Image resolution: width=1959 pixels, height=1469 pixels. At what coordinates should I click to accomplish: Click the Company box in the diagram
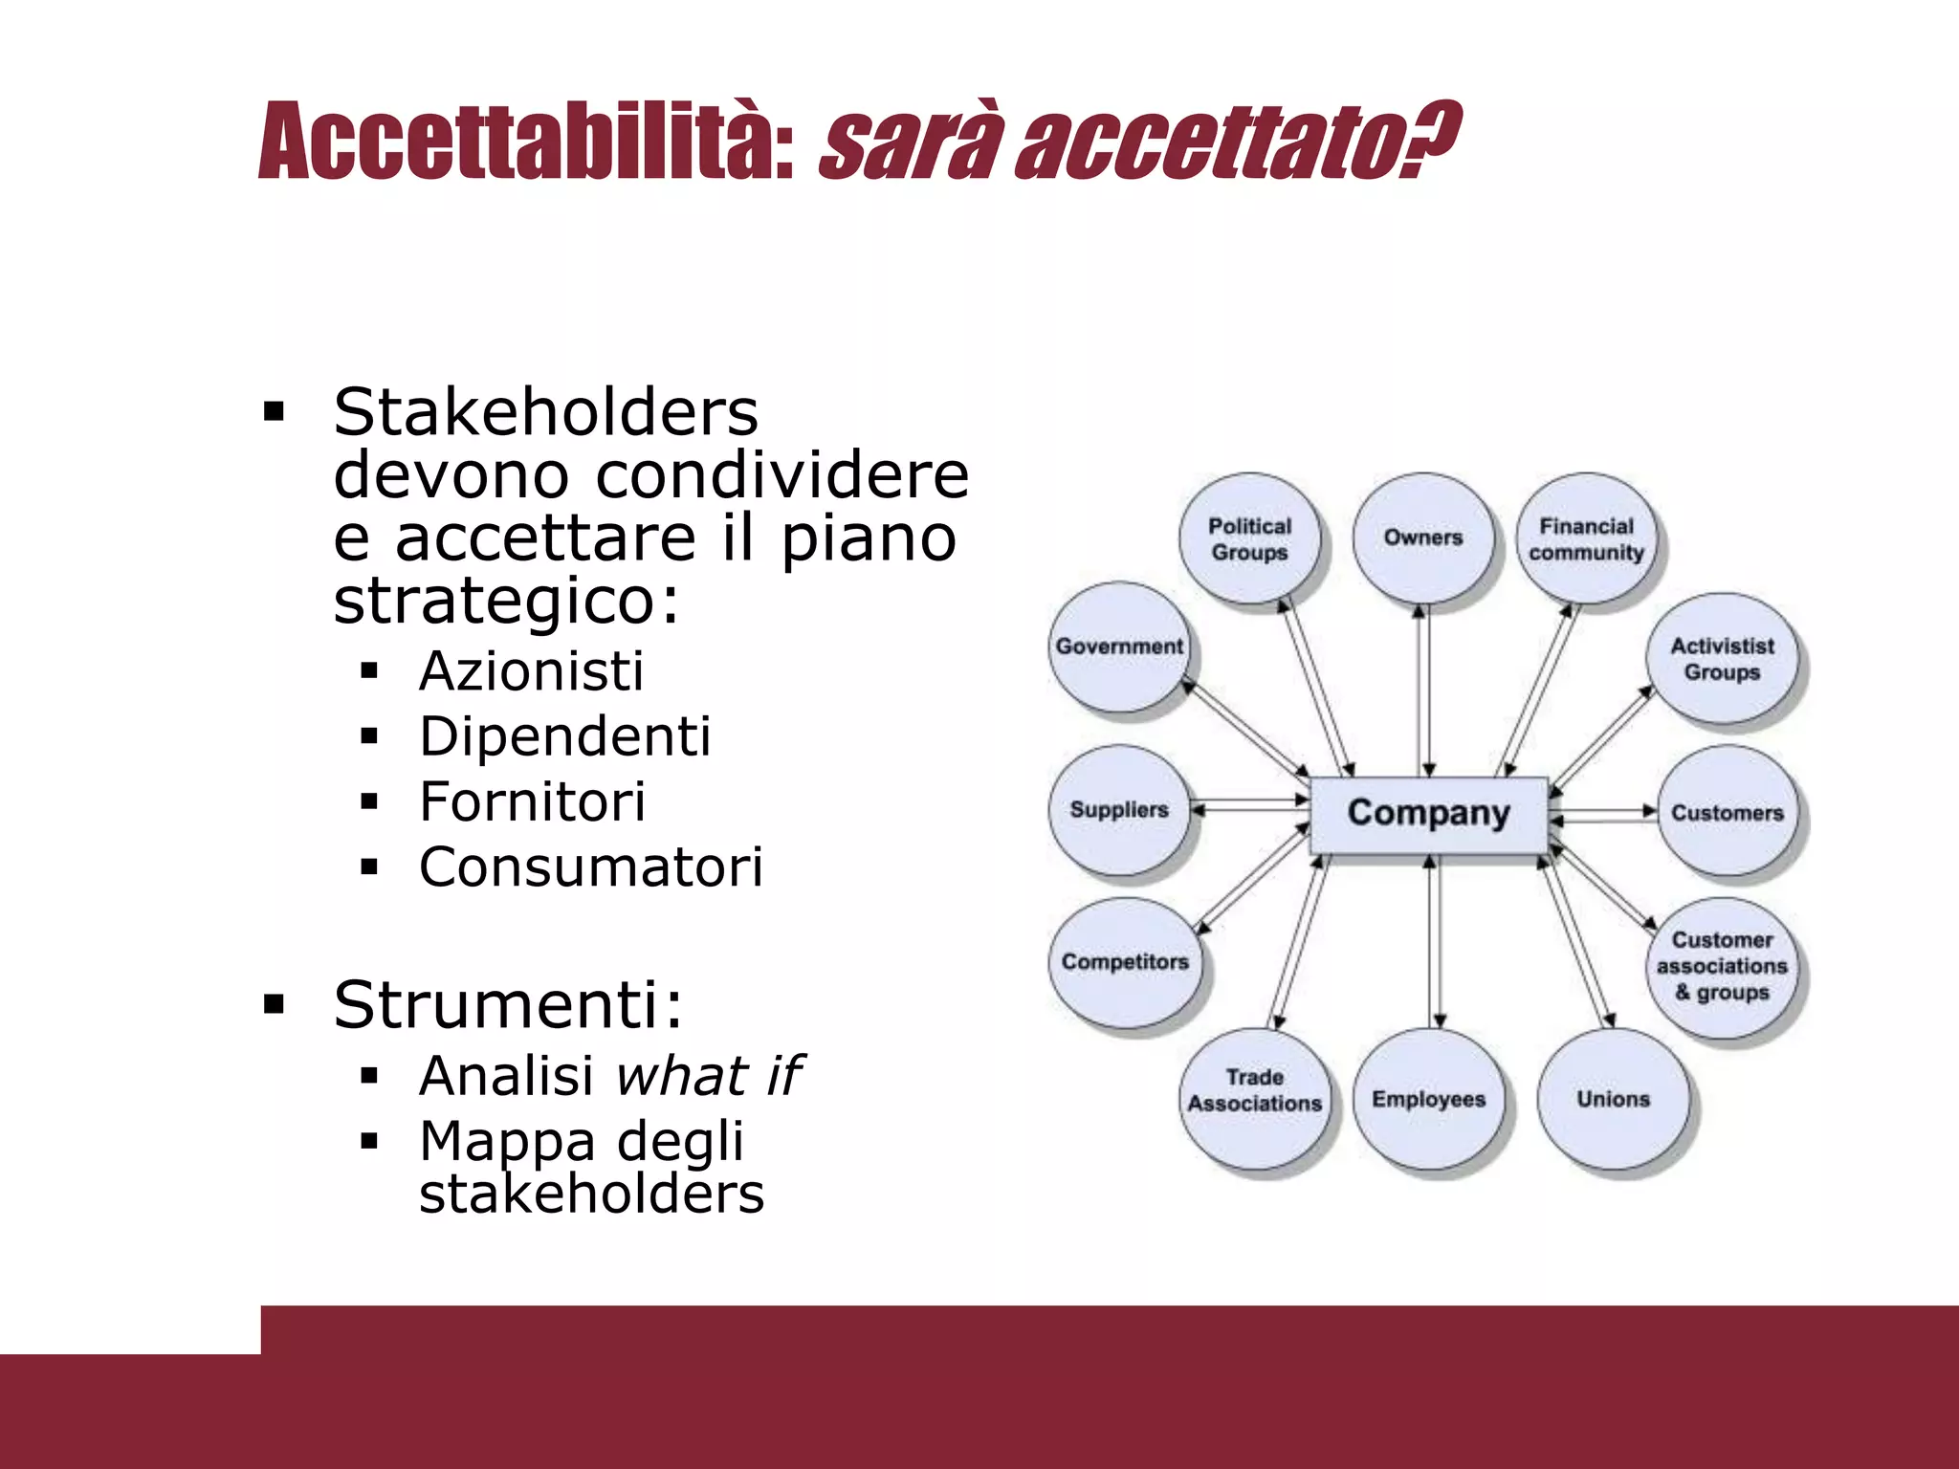1428,814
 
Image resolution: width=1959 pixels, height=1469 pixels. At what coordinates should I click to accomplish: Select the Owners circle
1422,538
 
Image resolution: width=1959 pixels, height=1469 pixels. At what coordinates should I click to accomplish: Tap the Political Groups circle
1249,538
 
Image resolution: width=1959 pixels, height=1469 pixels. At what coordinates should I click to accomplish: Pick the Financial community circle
1586,538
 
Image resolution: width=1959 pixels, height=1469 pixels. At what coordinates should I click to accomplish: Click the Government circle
1119,647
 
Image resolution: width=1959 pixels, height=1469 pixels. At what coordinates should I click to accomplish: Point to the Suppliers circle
1119,810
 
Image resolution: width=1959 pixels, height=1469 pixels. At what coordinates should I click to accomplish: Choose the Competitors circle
1125,962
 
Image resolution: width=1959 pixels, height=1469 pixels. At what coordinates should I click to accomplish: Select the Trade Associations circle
1254,1091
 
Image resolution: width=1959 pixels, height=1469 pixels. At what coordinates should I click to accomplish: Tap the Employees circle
1428,1099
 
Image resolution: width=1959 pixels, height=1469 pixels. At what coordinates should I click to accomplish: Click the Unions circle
1613,1099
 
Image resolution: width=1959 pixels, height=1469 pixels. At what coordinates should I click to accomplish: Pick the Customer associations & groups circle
1722,966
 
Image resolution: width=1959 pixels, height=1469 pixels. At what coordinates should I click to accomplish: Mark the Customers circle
1727,813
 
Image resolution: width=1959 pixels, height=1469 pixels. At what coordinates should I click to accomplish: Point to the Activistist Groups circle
1722,659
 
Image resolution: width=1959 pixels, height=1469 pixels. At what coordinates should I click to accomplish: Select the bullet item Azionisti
531,671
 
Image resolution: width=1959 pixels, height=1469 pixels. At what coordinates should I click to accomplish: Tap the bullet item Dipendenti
564,736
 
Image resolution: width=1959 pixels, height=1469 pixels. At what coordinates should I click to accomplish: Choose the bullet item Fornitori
532,801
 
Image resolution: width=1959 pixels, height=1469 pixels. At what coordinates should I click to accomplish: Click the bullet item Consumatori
590,867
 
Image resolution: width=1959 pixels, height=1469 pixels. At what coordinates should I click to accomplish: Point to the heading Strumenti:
508,1005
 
